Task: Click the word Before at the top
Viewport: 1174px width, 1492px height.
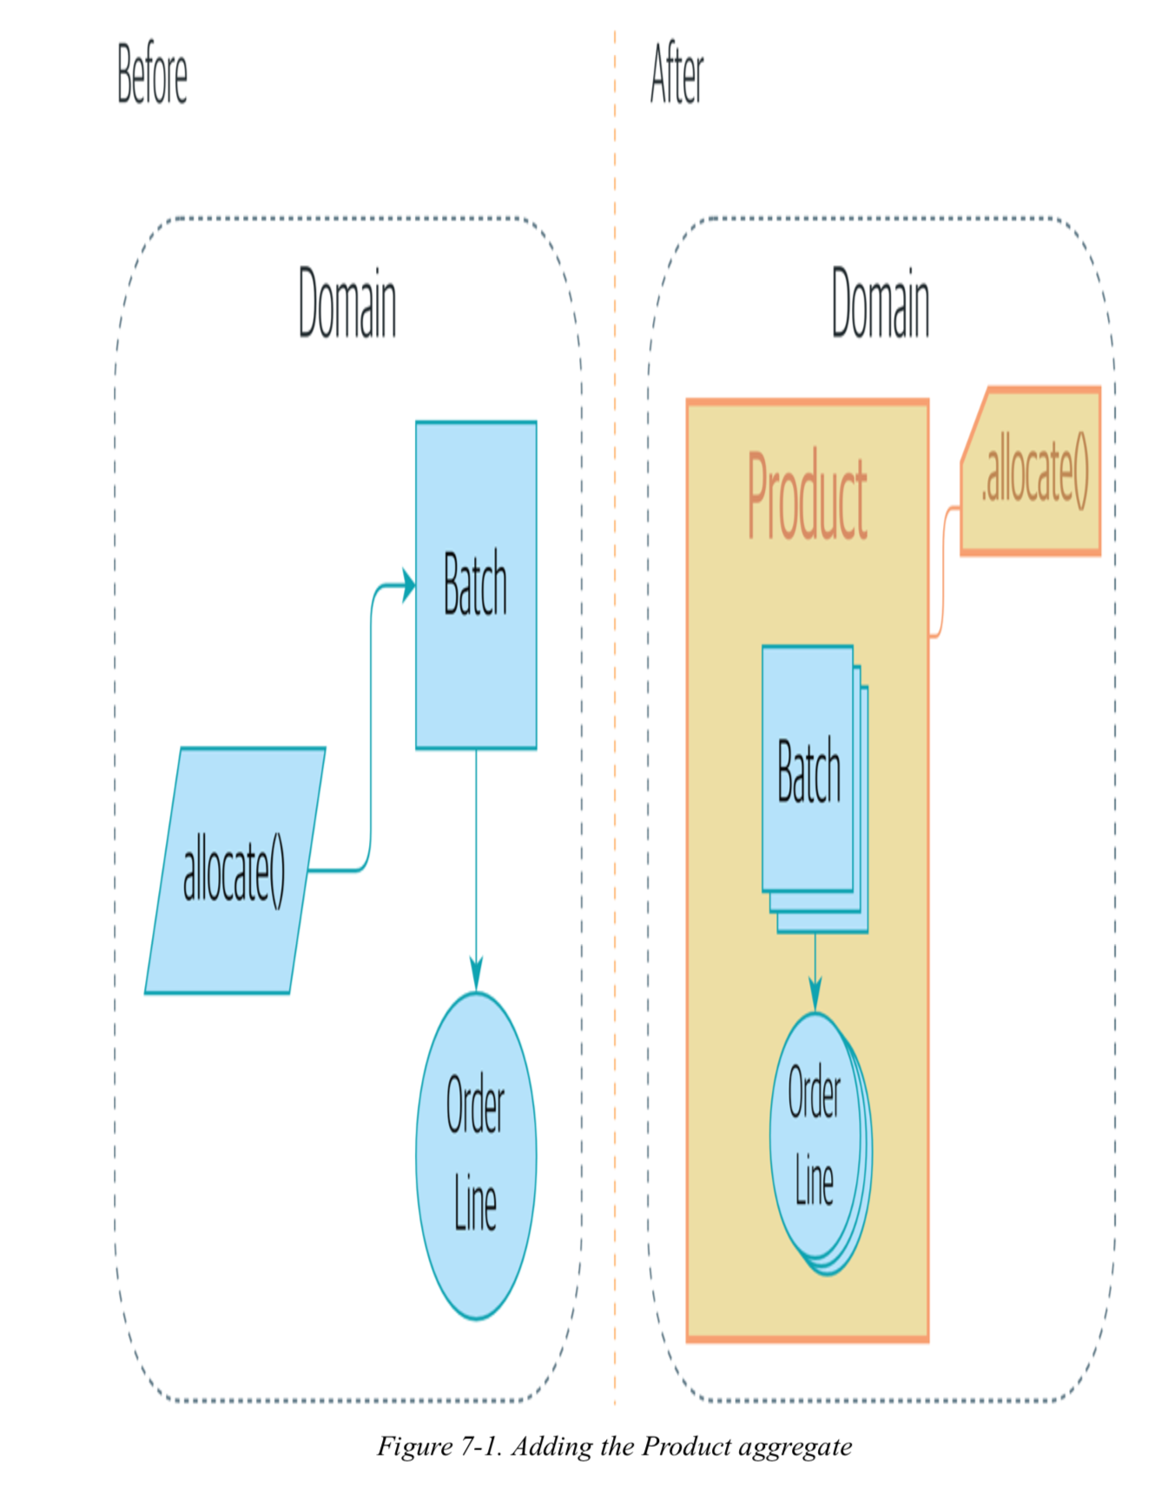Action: click(x=152, y=75)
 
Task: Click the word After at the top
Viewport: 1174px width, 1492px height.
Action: click(x=676, y=75)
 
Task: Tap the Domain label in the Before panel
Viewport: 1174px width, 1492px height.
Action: click(x=346, y=303)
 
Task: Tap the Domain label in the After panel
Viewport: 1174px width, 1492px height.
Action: click(x=880, y=303)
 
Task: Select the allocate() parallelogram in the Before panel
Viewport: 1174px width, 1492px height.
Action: click(x=234, y=870)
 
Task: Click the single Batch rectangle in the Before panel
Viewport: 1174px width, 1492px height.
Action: click(x=476, y=584)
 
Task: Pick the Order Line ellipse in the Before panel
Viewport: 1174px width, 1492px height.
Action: click(x=476, y=1155)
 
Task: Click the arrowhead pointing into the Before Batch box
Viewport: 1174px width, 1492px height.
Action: click(x=408, y=585)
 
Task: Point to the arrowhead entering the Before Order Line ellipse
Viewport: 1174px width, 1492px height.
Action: click(x=476, y=974)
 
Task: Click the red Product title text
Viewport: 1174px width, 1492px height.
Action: click(x=807, y=497)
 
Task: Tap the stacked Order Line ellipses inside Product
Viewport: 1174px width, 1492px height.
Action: click(x=815, y=1138)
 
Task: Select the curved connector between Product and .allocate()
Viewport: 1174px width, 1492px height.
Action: click(x=944, y=573)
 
